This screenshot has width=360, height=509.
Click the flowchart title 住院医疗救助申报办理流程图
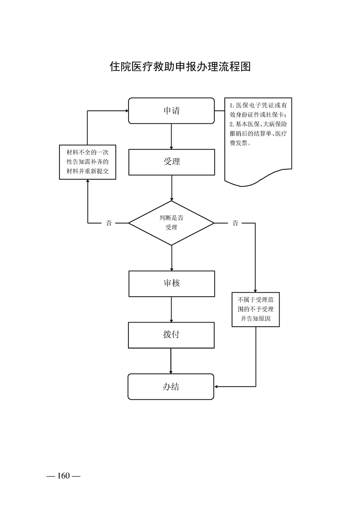pyautogui.click(x=180, y=67)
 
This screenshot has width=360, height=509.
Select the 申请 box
pyautogui.click(x=171, y=111)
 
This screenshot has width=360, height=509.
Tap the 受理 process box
pyautogui.click(x=171, y=162)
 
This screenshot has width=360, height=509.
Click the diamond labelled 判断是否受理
pyautogui.click(x=171, y=223)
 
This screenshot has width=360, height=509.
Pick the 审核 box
pyautogui.click(x=171, y=284)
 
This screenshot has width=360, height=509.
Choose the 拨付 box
pyautogui.click(x=171, y=335)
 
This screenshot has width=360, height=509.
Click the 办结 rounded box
pyautogui.click(x=171, y=387)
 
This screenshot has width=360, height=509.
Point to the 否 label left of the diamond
pyautogui.click(x=109, y=223)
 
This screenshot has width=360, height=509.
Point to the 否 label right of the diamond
pyautogui.click(x=235, y=223)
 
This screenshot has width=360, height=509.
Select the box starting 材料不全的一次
pyautogui.click(x=88, y=162)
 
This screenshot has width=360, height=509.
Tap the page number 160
pyautogui.click(x=63, y=476)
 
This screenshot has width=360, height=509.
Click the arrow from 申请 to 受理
pyautogui.click(x=171, y=136)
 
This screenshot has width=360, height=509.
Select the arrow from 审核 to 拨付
pyautogui.click(x=171, y=309)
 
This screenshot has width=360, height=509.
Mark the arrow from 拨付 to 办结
pyautogui.click(x=171, y=361)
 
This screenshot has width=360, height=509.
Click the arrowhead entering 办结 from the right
pyautogui.click(x=217, y=387)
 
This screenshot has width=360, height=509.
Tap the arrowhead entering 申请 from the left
pyautogui.click(x=126, y=111)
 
